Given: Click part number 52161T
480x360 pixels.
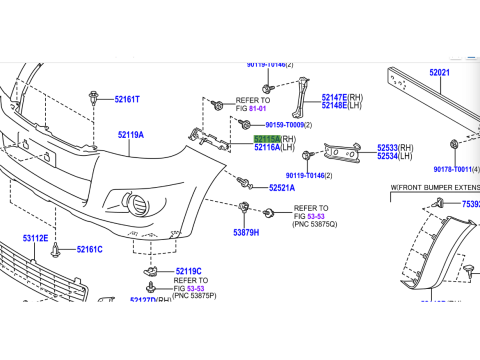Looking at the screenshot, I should click(x=127, y=100).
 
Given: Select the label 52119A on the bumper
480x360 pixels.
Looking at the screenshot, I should click(x=131, y=134).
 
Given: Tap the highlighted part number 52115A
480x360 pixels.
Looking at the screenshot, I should click(x=266, y=139).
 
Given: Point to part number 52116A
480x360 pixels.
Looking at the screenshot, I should click(x=267, y=148).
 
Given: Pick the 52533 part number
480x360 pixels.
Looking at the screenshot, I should click(x=390, y=148).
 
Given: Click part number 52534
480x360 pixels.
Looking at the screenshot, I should click(x=390, y=157).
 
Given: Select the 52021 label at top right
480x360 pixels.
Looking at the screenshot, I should click(x=441, y=73).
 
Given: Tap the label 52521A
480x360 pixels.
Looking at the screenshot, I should click(x=282, y=188).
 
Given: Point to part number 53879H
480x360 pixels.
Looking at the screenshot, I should click(x=246, y=232).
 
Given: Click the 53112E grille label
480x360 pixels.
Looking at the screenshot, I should click(x=35, y=238).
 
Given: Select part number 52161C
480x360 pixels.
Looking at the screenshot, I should click(x=89, y=249).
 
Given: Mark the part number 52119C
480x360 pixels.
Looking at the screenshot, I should click(x=188, y=271).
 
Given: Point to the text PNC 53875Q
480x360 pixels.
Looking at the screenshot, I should click(x=315, y=224).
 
